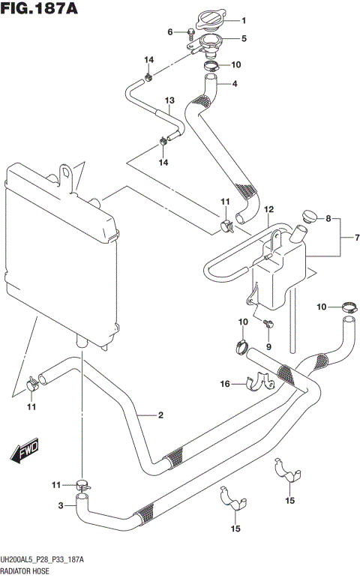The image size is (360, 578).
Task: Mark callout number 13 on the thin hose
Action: [169, 100]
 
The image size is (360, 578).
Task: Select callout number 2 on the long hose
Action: [160, 415]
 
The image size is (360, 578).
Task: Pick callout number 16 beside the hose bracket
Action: [223, 384]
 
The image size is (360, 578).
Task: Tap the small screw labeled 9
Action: [269, 323]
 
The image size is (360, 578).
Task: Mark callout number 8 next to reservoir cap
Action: [328, 218]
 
